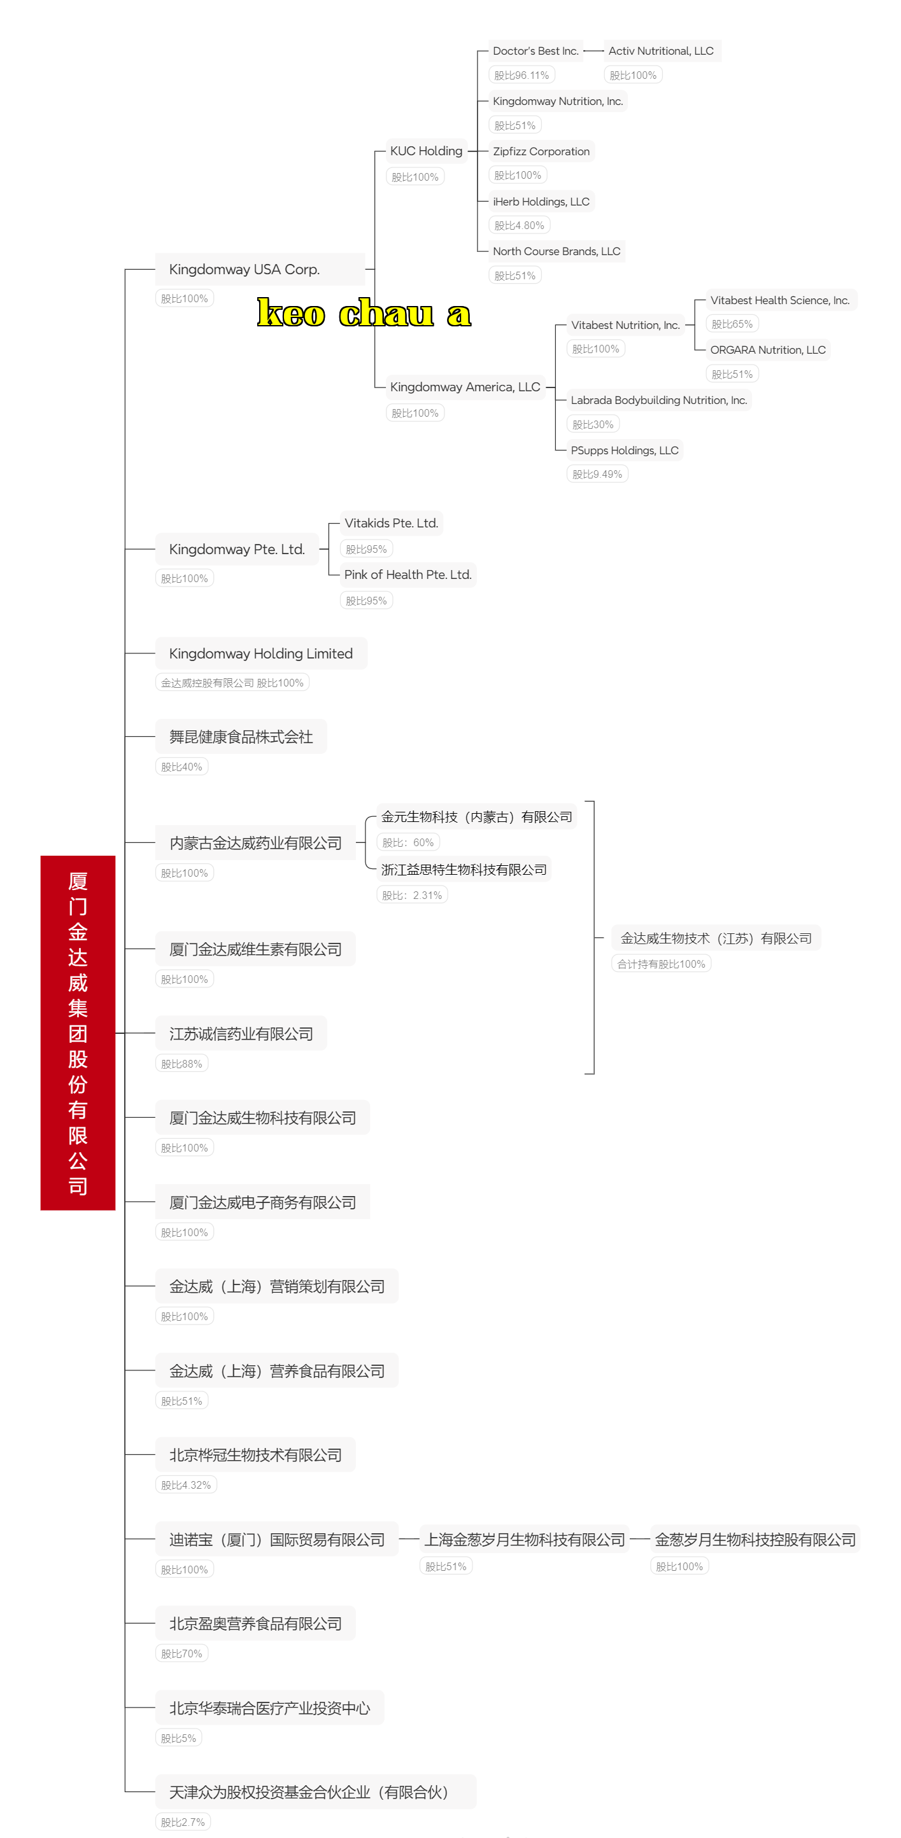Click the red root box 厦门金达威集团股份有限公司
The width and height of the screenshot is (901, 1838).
tap(78, 1032)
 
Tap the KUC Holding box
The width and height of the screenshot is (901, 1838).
tap(426, 151)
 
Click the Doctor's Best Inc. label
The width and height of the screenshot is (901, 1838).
tap(536, 52)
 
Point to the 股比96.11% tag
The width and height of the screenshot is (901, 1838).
tap(522, 75)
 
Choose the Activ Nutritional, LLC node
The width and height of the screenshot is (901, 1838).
tap(662, 52)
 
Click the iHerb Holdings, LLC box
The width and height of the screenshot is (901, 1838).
tap(541, 202)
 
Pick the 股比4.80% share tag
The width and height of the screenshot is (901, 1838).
tap(519, 225)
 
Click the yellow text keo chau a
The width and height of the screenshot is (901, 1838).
tap(364, 312)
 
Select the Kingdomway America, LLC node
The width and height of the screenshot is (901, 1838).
tap(465, 387)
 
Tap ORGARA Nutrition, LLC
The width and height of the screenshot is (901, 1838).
tap(768, 350)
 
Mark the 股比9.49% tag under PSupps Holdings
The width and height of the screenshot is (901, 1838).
tap(597, 475)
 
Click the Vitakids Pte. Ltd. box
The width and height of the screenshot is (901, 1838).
tap(391, 523)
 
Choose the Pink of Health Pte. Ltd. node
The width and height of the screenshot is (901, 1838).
tap(408, 574)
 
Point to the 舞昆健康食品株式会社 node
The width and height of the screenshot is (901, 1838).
tap(241, 736)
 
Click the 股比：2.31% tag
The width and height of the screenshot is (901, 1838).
tap(412, 895)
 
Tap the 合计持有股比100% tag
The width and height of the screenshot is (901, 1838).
tap(661, 964)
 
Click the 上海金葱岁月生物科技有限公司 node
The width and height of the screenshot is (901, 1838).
tap(525, 1540)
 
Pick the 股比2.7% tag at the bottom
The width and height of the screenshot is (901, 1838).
tap(183, 1822)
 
